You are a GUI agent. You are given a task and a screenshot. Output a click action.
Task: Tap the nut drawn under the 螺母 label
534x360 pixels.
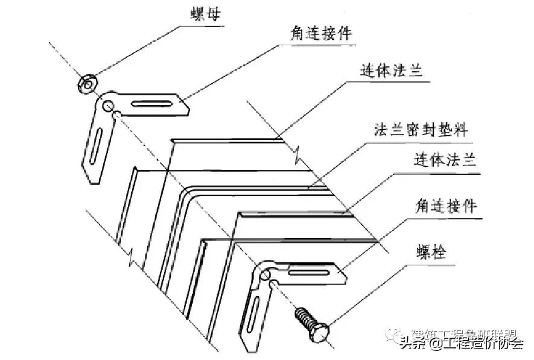coord(86,83)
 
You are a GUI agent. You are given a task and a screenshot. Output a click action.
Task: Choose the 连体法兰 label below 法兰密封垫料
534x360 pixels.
coord(445,161)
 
